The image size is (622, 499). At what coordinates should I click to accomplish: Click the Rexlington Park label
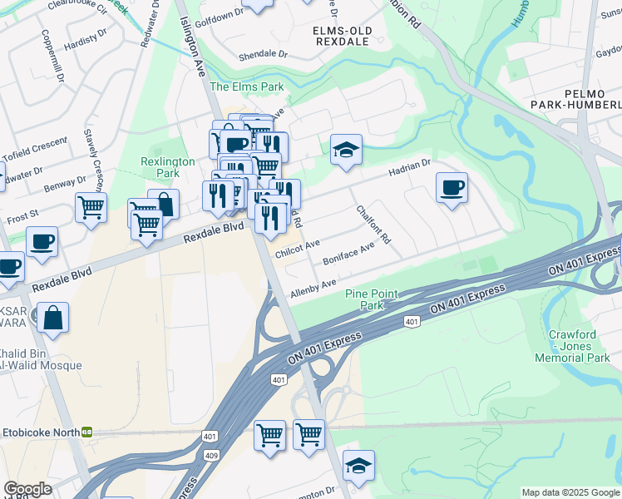pyautogui.click(x=167, y=167)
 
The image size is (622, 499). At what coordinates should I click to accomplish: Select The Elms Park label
pyautogui.click(x=247, y=86)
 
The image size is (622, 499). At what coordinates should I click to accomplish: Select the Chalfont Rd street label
pyautogui.click(x=373, y=225)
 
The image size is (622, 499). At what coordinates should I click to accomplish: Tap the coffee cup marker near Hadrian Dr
pyautogui.click(x=452, y=186)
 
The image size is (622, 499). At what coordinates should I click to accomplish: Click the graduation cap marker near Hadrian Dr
pyautogui.click(x=346, y=151)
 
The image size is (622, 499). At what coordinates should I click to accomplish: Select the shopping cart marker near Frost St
pyautogui.click(x=91, y=207)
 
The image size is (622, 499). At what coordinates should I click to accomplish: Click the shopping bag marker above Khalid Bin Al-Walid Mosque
pyautogui.click(x=52, y=318)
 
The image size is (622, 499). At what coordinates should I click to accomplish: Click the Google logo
pyautogui.click(x=28, y=488)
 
